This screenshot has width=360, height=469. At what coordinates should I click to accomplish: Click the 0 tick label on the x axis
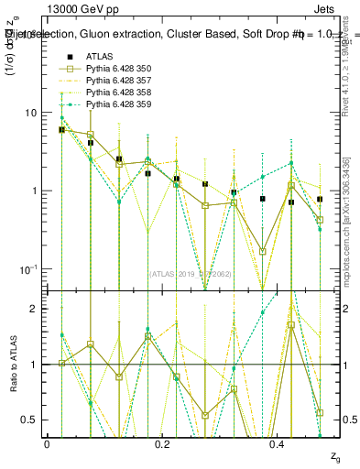coord(47,442)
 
